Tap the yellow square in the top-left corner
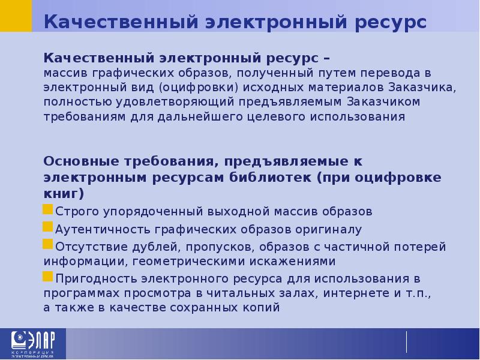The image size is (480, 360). coord(16,16)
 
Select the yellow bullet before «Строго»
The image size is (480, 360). coord(48,211)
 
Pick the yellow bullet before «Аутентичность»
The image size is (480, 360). coord(48,228)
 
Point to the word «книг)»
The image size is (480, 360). coord(64,194)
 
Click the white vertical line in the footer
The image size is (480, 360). coord(407,342)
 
